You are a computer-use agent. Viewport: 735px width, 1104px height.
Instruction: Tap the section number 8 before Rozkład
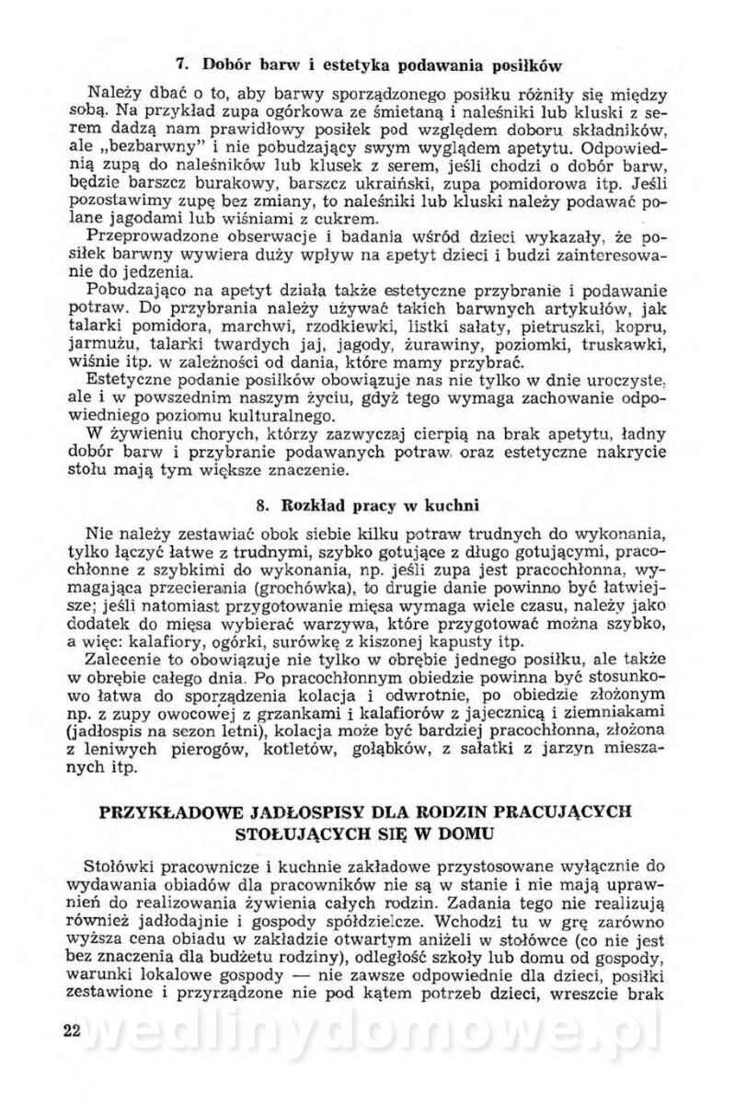[260, 505]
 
